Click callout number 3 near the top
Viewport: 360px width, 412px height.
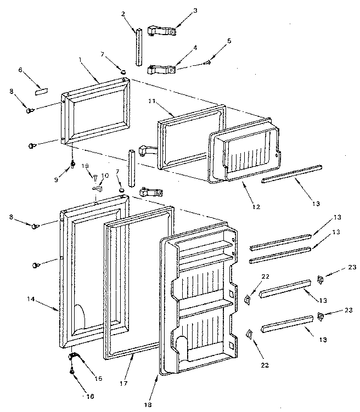(180, 10)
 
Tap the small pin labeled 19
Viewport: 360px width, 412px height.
(95, 177)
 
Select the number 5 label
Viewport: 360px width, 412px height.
(229, 41)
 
